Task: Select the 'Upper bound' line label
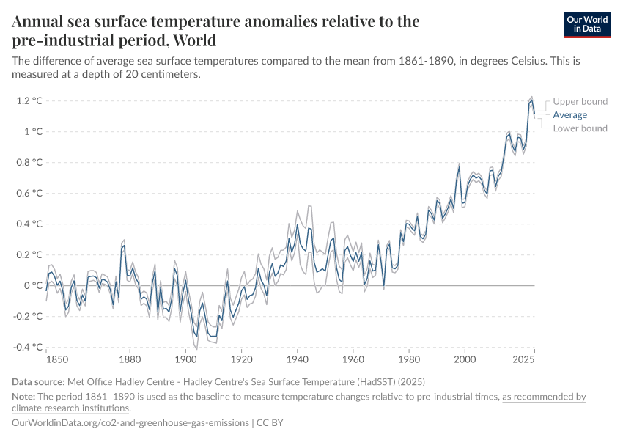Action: tap(580, 102)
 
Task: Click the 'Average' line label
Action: tap(569, 115)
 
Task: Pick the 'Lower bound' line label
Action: tap(580, 128)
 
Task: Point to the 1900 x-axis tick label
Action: tap(185, 360)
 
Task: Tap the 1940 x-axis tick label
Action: tap(297, 360)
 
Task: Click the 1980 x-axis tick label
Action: tap(408, 360)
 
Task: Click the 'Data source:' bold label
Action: tap(38, 382)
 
